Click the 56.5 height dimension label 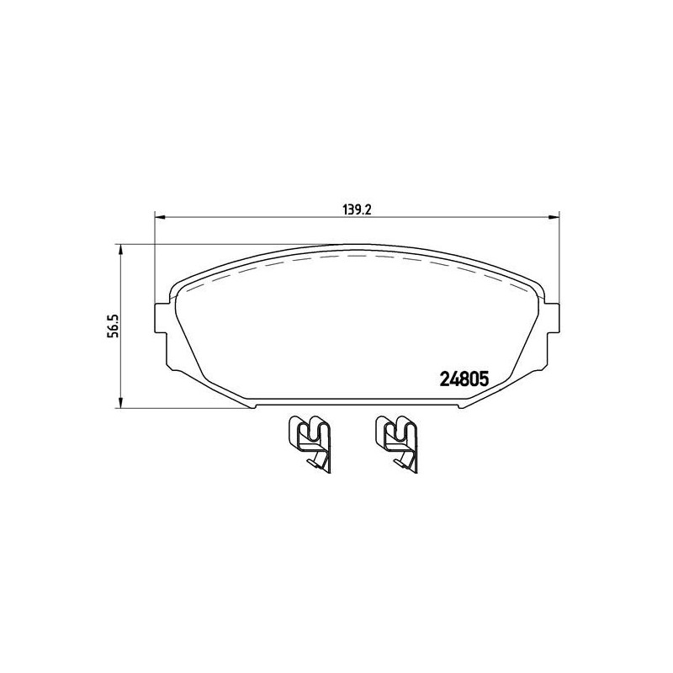click(112, 326)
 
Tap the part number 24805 click(464, 379)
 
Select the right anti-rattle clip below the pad click(395, 443)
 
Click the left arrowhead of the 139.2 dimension click(160, 217)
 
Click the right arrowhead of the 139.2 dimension click(554, 217)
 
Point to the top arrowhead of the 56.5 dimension click(121, 251)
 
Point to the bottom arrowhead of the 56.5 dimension click(121, 402)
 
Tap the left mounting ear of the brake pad click(161, 318)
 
